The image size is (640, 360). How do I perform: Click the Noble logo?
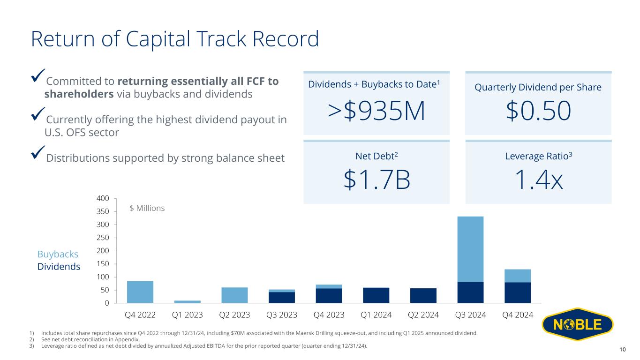[577, 325]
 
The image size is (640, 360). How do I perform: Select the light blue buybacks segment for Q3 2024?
[470, 248]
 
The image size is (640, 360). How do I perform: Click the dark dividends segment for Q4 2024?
[518, 292]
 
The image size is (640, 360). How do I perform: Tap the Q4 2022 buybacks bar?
[140, 292]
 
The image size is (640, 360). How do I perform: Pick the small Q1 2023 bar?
[188, 301]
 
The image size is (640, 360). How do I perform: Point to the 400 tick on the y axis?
[104, 199]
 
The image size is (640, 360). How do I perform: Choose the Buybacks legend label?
[58, 254]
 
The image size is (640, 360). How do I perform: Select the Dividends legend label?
[59, 267]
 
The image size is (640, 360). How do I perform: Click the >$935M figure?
[376, 111]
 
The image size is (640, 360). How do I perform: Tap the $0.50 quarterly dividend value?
[538, 111]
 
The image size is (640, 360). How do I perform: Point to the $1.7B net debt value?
[376, 180]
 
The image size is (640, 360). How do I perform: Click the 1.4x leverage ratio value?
[538, 180]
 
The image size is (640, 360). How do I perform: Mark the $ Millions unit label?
[147, 208]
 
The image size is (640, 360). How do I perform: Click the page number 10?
[623, 350]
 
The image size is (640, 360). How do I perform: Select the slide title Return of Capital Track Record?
[174, 39]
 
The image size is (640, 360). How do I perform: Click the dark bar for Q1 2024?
[376, 295]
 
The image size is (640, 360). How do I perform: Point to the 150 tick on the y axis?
[104, 264]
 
